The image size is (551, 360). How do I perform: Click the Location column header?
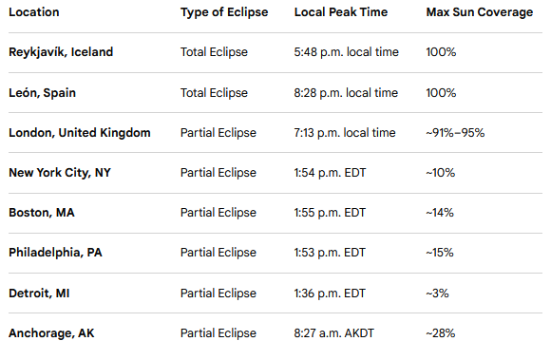34,12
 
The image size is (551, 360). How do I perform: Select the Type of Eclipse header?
224,12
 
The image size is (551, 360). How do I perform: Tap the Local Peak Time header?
341,12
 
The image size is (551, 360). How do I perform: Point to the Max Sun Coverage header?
480,12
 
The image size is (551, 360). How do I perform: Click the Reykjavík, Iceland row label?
61,52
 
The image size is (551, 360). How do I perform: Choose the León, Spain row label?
42,93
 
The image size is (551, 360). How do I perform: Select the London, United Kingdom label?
80,133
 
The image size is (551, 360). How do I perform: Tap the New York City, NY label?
60,173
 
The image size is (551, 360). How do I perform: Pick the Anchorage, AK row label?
51,333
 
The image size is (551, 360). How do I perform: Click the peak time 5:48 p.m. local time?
347,52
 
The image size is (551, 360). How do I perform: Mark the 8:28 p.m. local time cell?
346,93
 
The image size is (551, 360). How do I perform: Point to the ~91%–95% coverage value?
455,133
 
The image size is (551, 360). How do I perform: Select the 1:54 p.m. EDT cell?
330,173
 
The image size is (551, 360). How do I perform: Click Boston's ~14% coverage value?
440,213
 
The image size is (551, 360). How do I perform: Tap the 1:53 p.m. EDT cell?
330,253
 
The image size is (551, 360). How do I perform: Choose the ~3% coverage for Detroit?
438,294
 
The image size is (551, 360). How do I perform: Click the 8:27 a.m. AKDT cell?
334,333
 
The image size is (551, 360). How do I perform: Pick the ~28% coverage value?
441,333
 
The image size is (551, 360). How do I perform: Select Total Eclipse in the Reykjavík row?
214,52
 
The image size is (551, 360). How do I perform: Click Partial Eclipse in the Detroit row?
218,294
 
